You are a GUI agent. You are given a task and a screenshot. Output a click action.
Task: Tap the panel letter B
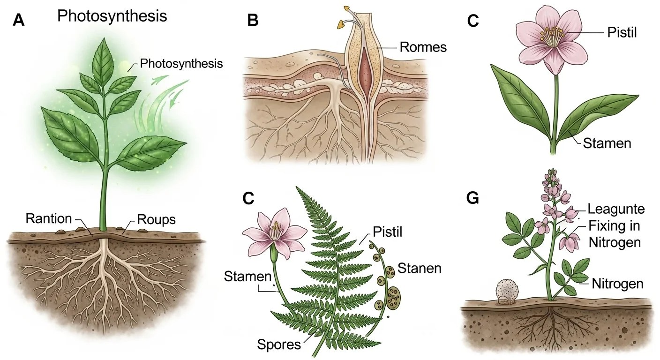point(253,21)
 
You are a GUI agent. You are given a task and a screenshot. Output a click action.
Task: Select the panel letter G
point(473,198)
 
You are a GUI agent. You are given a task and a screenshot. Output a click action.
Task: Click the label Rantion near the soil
point(49,218)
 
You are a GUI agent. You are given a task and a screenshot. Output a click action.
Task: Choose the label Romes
point(423,47)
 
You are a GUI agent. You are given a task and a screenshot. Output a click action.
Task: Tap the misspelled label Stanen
point(419,268)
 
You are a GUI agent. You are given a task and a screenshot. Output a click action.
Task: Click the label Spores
point(279,345)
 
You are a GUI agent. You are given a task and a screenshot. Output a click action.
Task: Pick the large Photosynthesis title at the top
point(112,16)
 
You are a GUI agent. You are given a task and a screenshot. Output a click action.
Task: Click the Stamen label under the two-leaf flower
point(607,143)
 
